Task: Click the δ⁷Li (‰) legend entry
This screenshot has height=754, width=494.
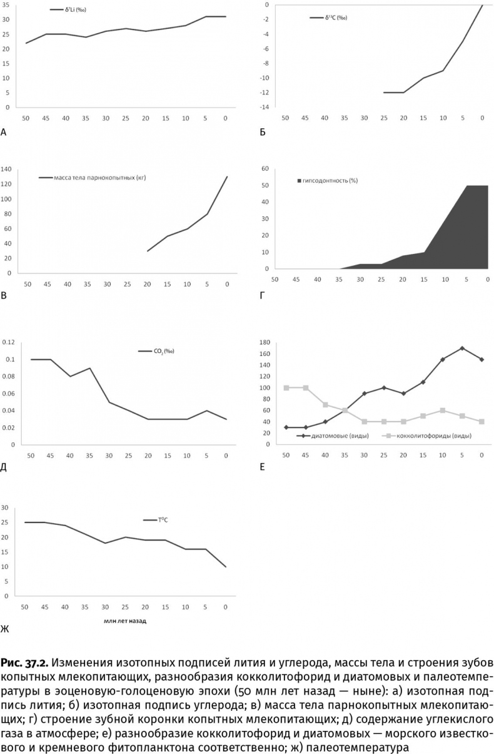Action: click(x=74, y=11)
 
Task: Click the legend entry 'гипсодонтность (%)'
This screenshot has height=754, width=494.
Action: click(x=331, y=180)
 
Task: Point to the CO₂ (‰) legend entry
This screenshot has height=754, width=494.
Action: click(x=164, y=351)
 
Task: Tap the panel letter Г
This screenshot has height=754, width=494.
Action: click(x=262, y=293)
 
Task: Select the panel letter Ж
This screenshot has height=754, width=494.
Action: click(x=5, y=628)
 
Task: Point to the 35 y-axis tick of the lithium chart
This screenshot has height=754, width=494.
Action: click(x=6, y=5)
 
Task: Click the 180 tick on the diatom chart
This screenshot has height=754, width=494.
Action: click(x=263, y=342)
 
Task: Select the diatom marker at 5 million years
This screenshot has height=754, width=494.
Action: click(x=461, y=348)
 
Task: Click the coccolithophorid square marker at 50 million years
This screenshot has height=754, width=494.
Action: click(x=286, y=387)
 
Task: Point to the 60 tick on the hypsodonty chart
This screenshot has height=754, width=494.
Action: click(x=265, y=169)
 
